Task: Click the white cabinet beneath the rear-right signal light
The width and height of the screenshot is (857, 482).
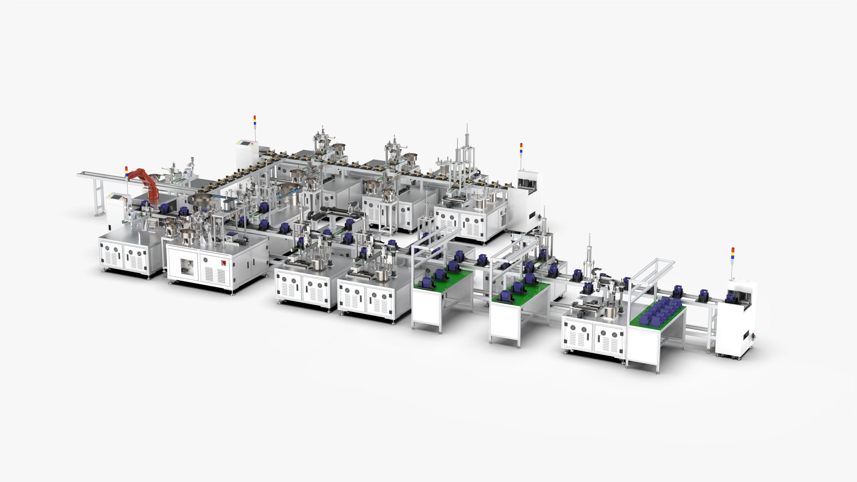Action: tap(525, 201)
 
